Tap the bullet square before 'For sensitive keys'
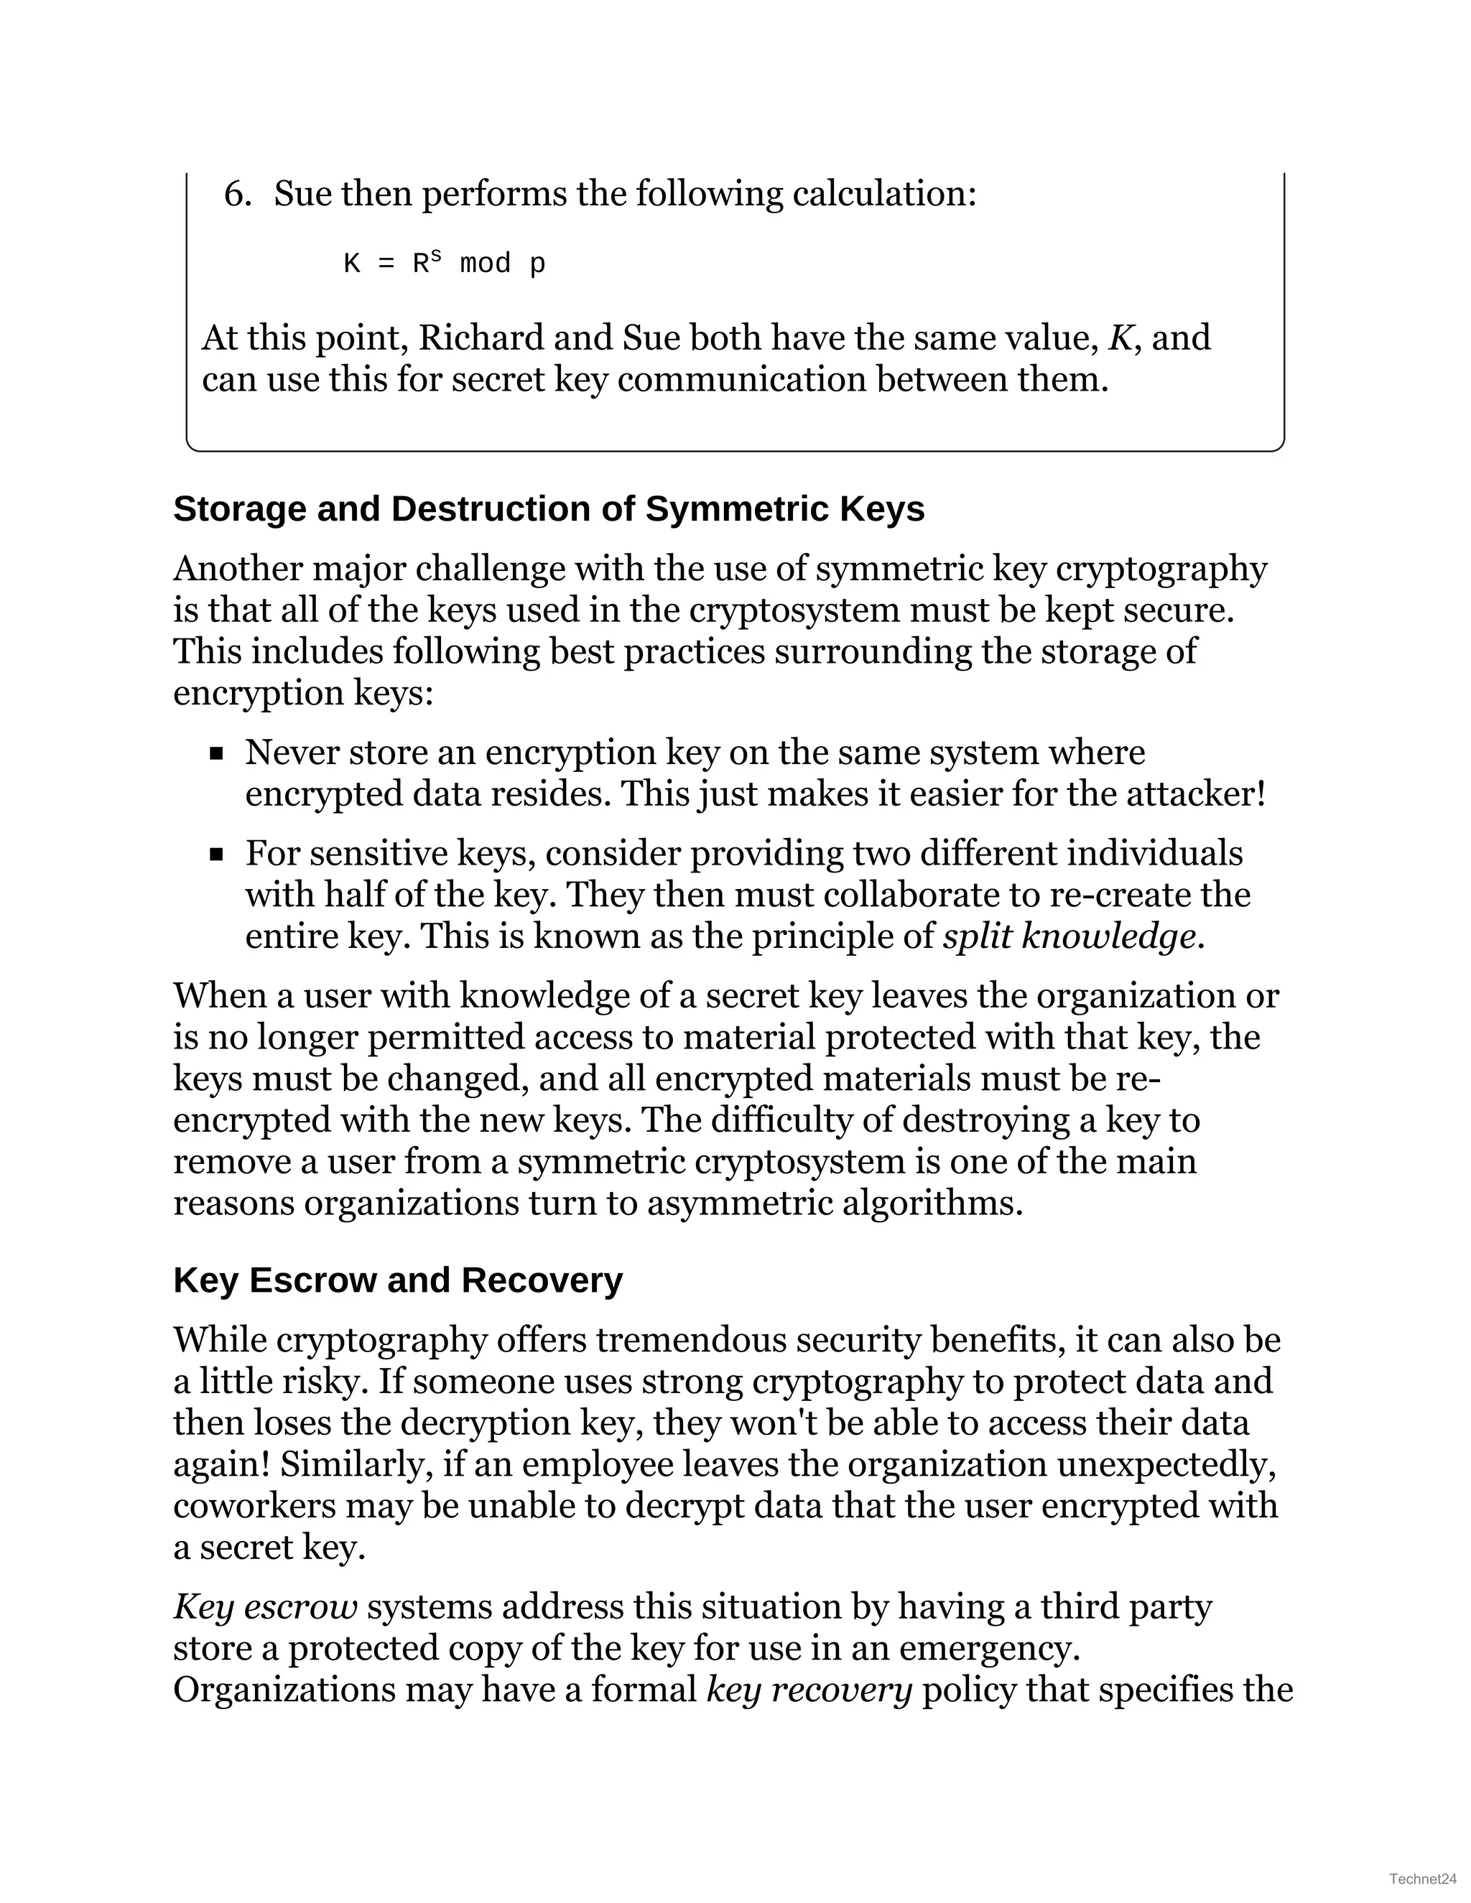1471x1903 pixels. [217, 855]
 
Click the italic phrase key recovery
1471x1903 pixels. [809, 1690]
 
